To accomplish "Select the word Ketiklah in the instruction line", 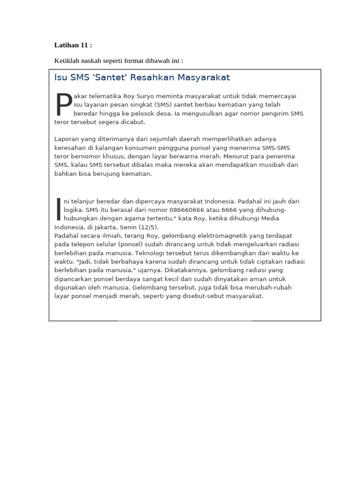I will click(66, 61).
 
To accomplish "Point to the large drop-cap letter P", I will click(63, 105).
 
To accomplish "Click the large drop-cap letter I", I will click(59, 209).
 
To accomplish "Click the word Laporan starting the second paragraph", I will click(67, 139).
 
